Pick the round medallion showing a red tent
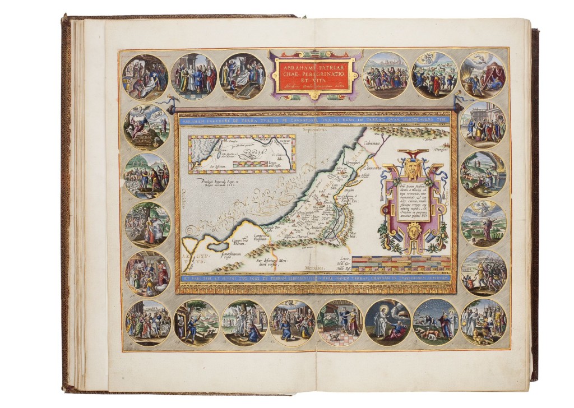click(483, 74)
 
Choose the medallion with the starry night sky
click(435, 322)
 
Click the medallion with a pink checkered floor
click(340, 323)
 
